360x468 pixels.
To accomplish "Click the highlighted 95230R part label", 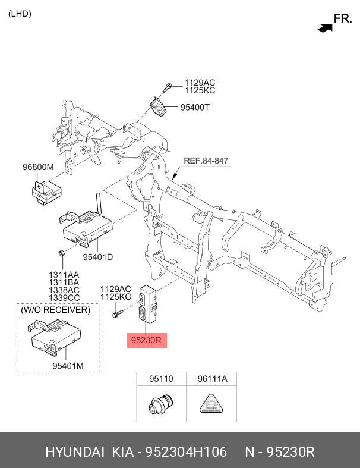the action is (147, 340).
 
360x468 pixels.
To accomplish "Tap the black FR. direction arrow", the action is (325, 28).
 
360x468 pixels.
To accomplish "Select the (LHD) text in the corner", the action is (20, 14).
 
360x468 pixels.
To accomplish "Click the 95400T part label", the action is (195, 107).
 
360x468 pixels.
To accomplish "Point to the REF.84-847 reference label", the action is (206, 161).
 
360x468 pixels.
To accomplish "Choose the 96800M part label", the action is (38, 167).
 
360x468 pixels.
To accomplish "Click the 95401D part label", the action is (98, 257).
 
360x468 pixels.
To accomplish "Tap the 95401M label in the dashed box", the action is (68, 365).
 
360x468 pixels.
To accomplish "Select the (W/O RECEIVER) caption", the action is (55, 310).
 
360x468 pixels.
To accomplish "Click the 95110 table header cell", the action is (161, 378).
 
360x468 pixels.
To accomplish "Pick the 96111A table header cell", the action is (212, 378).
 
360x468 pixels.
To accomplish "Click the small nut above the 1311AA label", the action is (62, 253).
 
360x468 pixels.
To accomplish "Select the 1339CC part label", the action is (64, 297).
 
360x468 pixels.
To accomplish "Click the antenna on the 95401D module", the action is (99, 205).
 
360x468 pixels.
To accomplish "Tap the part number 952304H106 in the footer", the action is (186, 451).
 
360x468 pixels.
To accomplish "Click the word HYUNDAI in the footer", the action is (75, 451).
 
